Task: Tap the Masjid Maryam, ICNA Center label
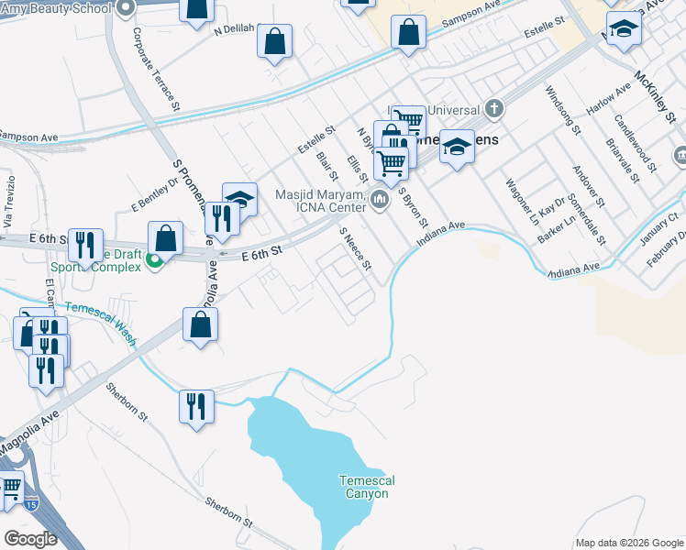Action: click(x=321, y=200)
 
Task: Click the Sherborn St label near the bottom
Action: click(x=228, y=512)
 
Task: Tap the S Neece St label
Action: click(x=355, y=250)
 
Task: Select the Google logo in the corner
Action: click(x=30, y=538)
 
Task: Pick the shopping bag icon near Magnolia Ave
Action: click(x=200, y=324)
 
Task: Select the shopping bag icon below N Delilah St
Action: click(x=274, y=40)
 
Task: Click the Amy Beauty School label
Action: click(x=55, y=7)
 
